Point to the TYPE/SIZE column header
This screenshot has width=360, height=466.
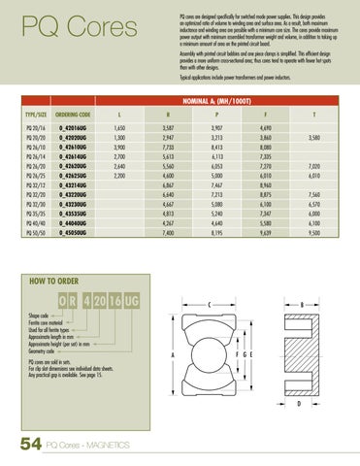pos(35,113)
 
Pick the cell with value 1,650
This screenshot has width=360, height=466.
pos(119,127)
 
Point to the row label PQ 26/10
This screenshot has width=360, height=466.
pos(35,148)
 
